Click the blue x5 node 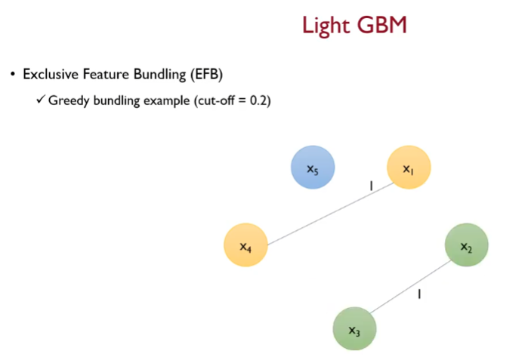[313, 168]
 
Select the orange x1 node [408, 168]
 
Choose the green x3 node [354, 329]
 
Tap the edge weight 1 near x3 [419, 294]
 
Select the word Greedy [69, 100]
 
